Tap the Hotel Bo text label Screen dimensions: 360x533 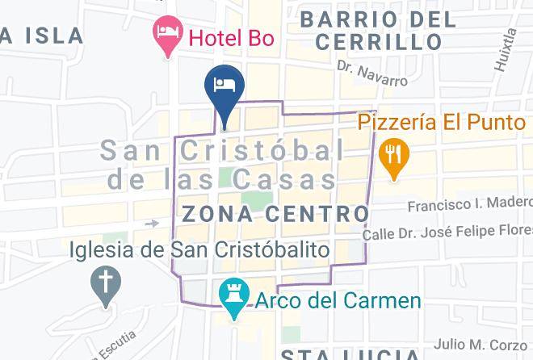point(231,37)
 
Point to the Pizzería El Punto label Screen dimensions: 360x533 point(442,123)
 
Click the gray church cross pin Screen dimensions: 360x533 point(105,283)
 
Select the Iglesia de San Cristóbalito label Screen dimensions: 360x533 point(199,249)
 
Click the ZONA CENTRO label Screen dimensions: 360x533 point(276,215)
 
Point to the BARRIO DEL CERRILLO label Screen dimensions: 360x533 point(380,30)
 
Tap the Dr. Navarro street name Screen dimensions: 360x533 point(372,73)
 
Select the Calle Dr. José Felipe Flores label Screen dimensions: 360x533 point(447,235)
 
